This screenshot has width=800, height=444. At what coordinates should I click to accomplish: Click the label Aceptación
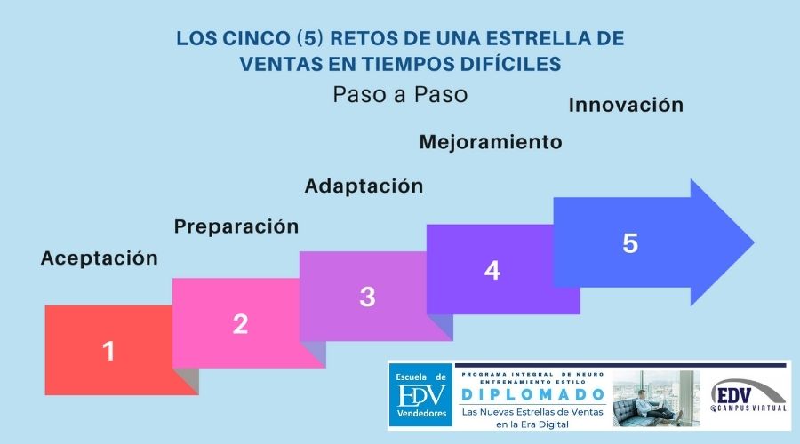(x=99, y=258)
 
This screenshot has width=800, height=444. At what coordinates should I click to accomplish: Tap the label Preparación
(x=236, y=226)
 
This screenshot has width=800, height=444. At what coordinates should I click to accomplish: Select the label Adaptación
(x=364, y=186)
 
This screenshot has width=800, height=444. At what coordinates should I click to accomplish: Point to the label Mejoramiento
(x=490, y=142)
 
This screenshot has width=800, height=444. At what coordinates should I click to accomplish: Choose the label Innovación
(x=626, y=105)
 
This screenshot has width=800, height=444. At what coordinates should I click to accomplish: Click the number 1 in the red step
(x=108, y=352)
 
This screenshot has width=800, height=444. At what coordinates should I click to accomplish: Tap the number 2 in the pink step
(x=240, y=324)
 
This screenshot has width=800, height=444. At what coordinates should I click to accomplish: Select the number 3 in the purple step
(x=367, y=297)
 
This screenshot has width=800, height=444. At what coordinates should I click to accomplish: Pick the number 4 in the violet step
(x=492, y=270)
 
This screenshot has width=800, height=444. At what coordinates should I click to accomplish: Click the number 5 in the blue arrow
(x=630, y=243)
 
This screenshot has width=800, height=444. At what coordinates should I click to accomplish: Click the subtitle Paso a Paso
(x=400, y=94)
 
